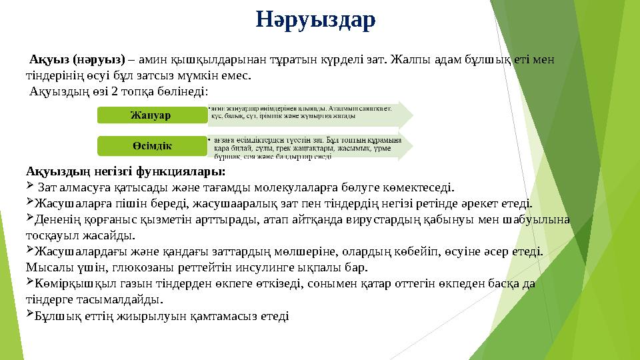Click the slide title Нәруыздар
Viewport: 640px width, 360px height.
click(316, 20)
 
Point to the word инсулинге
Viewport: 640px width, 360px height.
click(267, 268)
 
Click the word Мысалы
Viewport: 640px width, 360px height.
click(46, 268)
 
